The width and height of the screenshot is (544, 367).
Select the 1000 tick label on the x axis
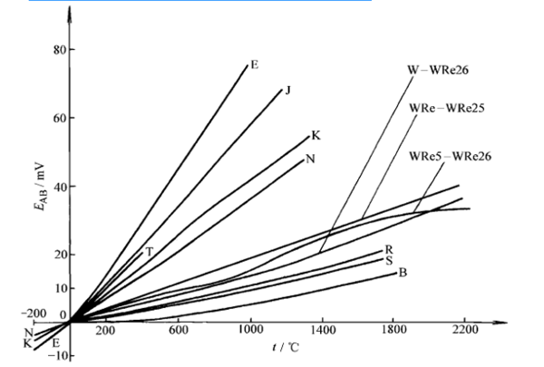[x=250, y=333]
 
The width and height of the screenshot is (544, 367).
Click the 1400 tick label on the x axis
[x=322, y=333]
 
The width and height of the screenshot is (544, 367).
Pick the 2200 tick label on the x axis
[x=464, y=333]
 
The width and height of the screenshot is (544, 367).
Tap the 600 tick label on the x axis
[x=179, y=333]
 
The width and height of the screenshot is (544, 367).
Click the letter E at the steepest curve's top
[x=255, y=64]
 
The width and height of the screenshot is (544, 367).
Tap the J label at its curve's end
[x=287, y=90]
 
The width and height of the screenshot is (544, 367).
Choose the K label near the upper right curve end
[x=316, y=135]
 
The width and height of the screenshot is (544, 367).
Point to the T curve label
[x=149, y=250]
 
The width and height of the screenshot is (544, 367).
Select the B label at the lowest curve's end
[x=402, y=272]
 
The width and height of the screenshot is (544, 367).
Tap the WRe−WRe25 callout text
[x=447, y=107]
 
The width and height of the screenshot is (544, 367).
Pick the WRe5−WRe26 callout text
[x=450, y=155]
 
